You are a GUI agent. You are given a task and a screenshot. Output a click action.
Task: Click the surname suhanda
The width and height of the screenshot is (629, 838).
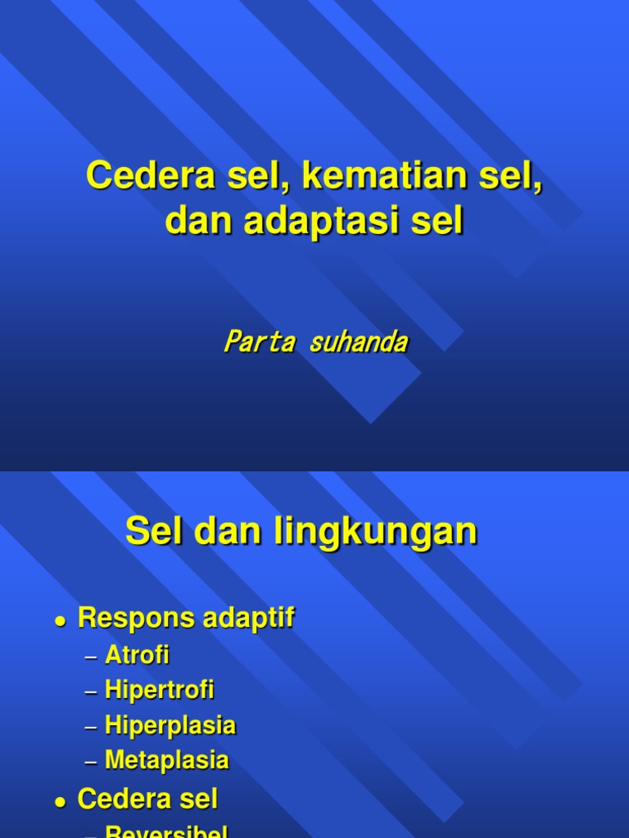[358, 342]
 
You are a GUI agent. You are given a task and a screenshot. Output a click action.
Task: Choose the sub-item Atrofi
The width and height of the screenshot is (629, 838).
[137, 656]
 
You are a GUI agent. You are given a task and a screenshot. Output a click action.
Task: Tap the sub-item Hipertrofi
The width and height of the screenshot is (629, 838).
[160, 691]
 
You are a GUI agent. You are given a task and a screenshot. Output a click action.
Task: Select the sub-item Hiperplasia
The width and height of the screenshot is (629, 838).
[170, 726]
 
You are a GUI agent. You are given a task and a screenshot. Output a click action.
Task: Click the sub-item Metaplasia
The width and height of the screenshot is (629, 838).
[167, 761]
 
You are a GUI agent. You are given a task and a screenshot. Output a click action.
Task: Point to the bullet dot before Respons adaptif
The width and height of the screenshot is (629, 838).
[59, 622]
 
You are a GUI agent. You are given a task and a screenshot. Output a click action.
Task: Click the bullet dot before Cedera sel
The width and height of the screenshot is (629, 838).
[59, 802]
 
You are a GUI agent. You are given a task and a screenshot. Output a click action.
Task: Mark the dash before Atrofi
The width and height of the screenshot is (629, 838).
[91, 657]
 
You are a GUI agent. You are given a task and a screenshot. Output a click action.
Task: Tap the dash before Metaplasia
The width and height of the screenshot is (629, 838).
[91, 763]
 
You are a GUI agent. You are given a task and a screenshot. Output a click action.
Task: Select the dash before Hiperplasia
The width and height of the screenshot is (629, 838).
[91, 728]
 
